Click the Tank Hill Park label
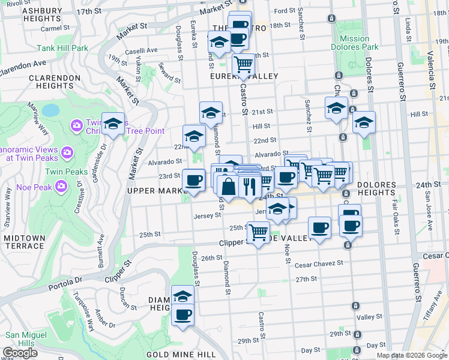62,48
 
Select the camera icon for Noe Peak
61,187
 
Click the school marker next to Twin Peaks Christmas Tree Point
113,124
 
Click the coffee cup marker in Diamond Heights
183,314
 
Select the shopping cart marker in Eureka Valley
243,64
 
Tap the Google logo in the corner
20,353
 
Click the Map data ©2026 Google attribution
412,355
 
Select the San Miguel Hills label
26,339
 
